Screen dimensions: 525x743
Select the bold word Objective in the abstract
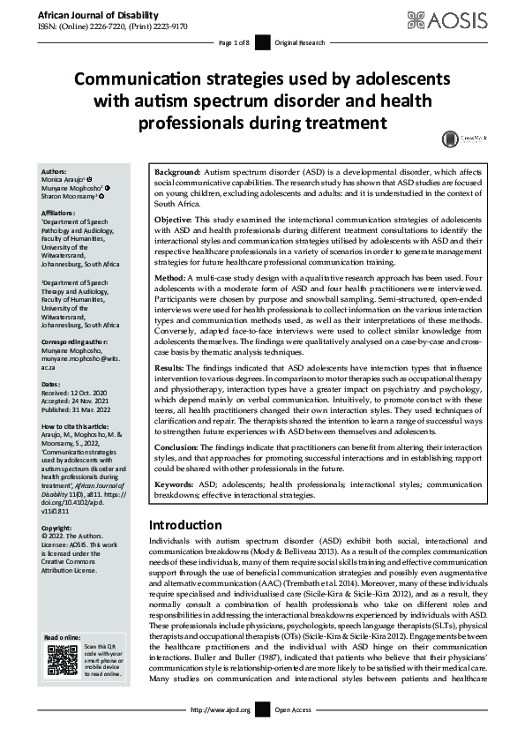pos(173,217)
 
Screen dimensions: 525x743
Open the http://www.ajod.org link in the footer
pos(221,733)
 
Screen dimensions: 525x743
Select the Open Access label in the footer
pos(292,733)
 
